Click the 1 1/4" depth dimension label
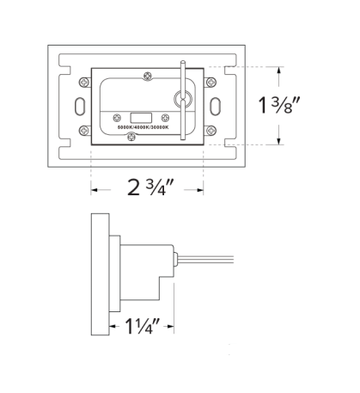coord(141,326)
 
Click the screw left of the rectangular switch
coord(114,114)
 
